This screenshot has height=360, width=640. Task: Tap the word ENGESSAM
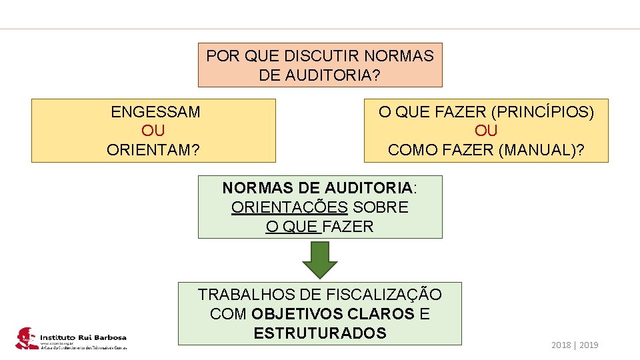pos(155,112)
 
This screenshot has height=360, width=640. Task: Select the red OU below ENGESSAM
pos(153,131)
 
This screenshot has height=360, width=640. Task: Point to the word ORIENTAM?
pos(153,150)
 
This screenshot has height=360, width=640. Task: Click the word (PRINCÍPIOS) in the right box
pos(542,112)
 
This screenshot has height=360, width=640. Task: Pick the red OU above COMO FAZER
pos(486,131)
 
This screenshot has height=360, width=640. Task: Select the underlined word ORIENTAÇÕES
pos(289,207)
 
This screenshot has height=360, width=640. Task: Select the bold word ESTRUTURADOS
pos(320,333)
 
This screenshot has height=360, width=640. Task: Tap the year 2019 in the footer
pos(589,345)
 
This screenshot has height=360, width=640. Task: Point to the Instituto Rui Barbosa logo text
pos(83,337)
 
